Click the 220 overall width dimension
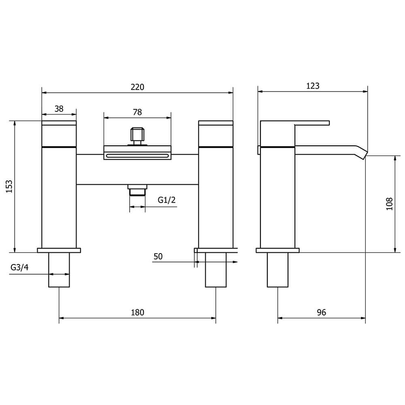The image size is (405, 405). (x=137, y=87)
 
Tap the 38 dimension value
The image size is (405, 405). (x=59, y=109)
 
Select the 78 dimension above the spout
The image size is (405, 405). (x=137, y=112)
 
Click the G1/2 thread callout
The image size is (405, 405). (x=166, y=200)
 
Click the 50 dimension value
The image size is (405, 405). (x=158, y=256)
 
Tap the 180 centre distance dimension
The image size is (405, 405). (x=137, y=312)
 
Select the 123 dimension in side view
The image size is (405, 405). (x=313, y=86)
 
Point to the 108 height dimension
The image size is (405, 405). (x=389, y=204)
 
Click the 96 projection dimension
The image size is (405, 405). (x=321, y=312)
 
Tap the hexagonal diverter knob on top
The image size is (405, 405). (x=137, y=135)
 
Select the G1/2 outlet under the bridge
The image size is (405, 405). (x=137, y=190)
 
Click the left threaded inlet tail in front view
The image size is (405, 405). (x=59, y=270)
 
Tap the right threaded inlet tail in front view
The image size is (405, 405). (x=216, y=270)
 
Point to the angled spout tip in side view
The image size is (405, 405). (x=362, y=152)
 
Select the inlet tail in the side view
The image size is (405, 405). (x=277, y=270)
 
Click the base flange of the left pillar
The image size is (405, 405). (x=59, y=250)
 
